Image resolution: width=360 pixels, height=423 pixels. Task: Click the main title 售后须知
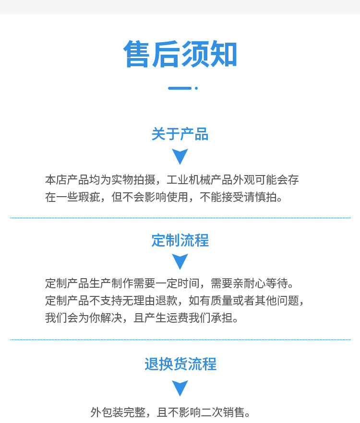pos(180,54)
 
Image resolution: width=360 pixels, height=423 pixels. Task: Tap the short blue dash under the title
pos(180,88)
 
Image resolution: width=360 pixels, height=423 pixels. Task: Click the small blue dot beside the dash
pos(196,88)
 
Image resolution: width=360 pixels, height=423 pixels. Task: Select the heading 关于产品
pos(180,134)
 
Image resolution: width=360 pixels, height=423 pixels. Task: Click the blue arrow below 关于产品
pos(180,156)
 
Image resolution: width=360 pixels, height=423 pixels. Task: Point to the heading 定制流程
pos(180,240)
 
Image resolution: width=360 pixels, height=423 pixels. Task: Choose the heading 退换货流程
pos(180,364)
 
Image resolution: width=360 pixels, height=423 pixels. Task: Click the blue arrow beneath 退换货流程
pos(180,388)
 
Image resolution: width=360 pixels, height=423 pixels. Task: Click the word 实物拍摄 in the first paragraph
pos(133,180)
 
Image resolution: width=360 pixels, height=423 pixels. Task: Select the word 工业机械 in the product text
pos(189,180)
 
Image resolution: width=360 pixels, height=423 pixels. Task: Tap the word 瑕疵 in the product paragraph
pos(89,197)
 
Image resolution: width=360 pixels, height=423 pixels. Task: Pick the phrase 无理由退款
pos(150,301)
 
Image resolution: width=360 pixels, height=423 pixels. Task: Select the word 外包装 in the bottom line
pos(107,412)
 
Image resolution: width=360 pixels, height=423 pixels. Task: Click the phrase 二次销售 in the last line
pos(223,412)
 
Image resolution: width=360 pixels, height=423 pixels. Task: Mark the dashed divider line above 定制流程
pos(180,218)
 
